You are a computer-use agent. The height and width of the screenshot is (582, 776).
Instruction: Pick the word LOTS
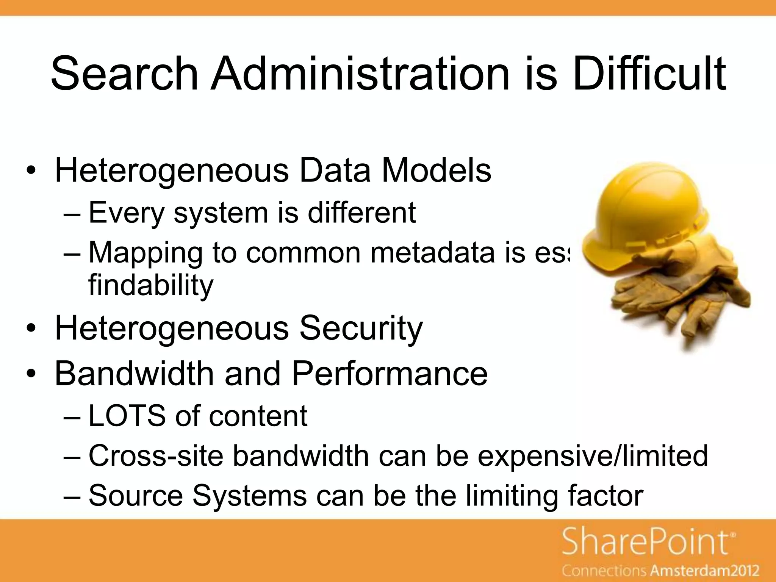point(127,416)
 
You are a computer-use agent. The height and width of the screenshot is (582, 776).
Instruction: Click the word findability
point(151,285)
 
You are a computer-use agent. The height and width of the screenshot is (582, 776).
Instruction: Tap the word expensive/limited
point(593,456)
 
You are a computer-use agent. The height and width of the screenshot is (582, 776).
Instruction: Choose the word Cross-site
point(156,456)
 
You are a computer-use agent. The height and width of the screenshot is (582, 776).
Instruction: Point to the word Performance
point(390,374)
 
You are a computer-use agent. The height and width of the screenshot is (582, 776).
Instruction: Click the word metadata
point(432,253)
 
